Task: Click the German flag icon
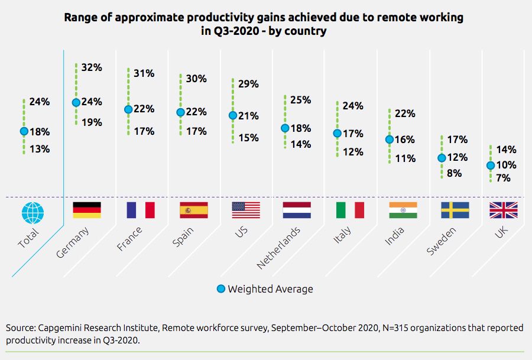(86, 210)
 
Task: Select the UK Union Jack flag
(503, 210)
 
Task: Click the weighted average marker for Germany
(76, 102)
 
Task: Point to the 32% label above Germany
(92, 67)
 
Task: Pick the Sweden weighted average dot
(442, 158)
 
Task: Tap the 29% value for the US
(248, 84)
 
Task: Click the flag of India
(403, 210)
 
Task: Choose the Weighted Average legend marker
(221, 289)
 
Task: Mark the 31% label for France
(144, 73)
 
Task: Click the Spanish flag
(193, 210)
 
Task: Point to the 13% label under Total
(40, 149)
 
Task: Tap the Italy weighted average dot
(337, 134)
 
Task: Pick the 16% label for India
(405, 140)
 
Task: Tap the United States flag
(246, 210)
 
